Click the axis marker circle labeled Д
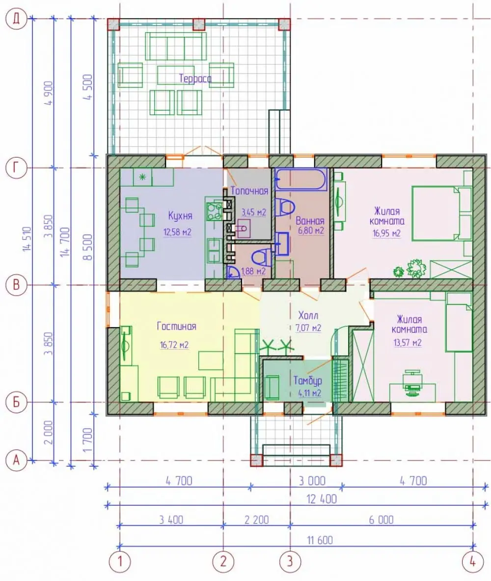16,19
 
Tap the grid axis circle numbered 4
473,561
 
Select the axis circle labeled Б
16,402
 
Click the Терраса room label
195,79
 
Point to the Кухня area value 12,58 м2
178,232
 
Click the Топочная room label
249,191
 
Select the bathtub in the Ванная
301,180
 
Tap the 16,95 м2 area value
386,233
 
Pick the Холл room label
308,315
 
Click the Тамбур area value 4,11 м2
310,393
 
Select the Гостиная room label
176,327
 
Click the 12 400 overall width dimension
322,499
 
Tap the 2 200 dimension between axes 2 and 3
256,520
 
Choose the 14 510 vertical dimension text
27,239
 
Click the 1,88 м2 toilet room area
253,271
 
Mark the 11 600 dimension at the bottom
320,540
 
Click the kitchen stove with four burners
214,211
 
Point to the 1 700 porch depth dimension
87,440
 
